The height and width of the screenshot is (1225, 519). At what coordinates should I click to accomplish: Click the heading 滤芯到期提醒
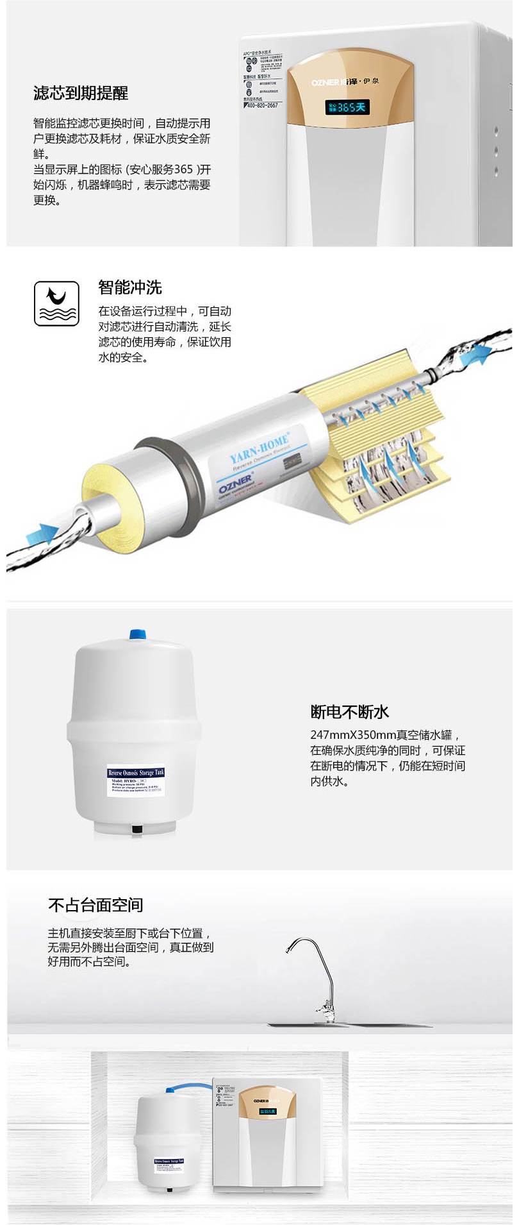point(81,94)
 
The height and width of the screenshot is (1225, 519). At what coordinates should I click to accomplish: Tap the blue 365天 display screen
point(348,107)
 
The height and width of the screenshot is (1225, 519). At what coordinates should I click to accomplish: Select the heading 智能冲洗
point(130,287)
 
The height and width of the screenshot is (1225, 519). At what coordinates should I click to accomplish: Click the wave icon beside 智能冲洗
point(56,303)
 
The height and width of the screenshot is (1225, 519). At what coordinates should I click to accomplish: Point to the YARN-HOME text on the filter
point(259,448)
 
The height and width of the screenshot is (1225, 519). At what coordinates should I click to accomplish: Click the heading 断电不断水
point(350,712)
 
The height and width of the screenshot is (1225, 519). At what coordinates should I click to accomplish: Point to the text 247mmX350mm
point(352,735)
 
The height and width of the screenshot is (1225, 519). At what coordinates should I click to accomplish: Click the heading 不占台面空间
point(95,905)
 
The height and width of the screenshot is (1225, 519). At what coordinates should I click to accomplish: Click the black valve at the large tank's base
point(136,829)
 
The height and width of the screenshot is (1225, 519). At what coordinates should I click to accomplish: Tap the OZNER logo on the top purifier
point(325,82)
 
